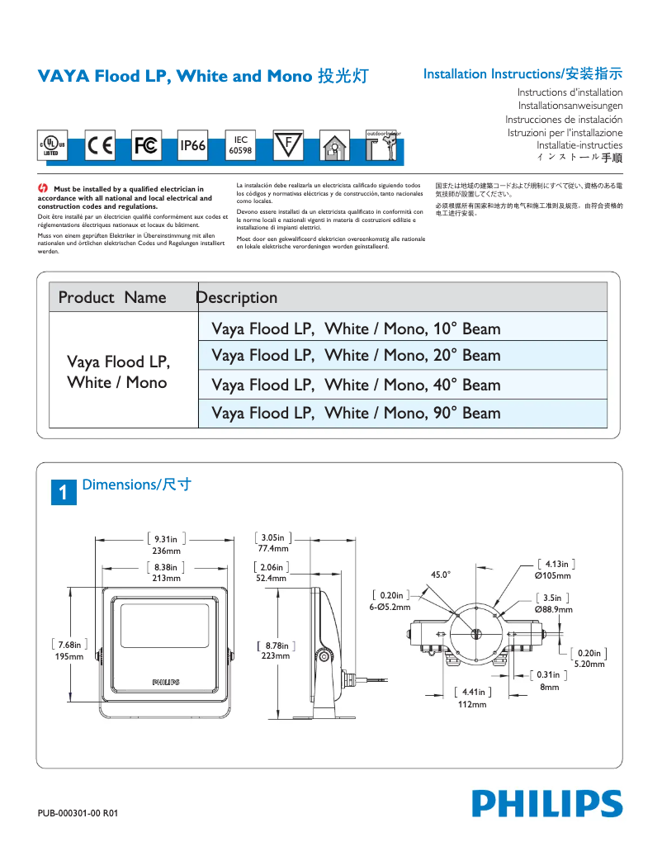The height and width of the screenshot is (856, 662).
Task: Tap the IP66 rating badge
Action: click(192, 145)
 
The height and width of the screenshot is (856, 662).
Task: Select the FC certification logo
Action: click(146, 145)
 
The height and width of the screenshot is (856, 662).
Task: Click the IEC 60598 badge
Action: click(240, 145)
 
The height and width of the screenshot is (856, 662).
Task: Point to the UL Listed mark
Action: click(52, 146)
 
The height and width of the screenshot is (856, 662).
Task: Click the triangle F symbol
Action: click(288, 144)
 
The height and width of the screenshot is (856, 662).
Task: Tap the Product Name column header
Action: click(112, 297)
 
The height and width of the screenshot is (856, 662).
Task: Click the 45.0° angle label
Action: click(441, 575)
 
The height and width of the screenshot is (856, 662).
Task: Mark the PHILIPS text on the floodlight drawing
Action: click(165, 682)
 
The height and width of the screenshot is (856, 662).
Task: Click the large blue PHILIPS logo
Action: click(547, 803)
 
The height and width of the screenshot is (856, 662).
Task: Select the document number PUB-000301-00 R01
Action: click(78, 813)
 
